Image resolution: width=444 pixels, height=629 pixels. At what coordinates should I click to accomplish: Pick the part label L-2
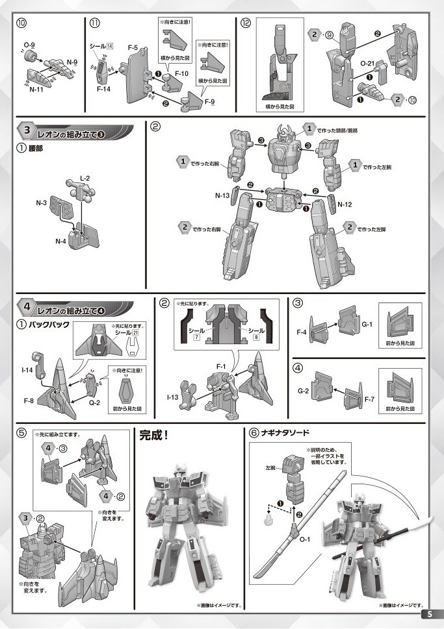pos(85,177)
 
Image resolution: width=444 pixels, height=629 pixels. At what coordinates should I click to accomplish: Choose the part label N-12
pos(345,204)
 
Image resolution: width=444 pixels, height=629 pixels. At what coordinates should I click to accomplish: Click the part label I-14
pos(27,370)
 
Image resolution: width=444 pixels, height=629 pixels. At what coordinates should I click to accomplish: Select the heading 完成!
pos(154,436)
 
